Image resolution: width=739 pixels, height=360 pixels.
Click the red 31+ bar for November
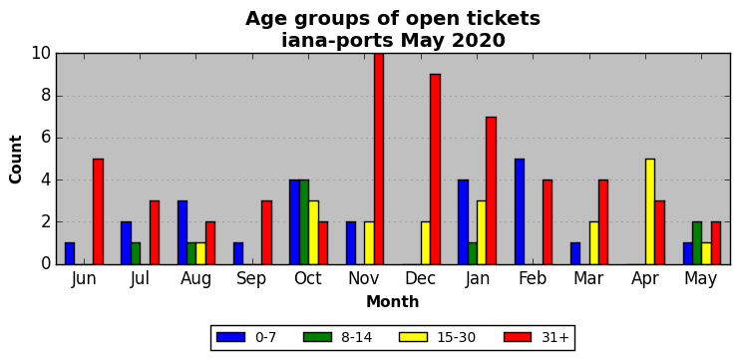click(379, 159)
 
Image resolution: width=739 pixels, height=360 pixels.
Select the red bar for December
click(435, 170)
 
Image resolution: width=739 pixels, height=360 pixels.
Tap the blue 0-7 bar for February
click(520, 211)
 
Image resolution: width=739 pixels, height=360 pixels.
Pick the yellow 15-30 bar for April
click(650, 211)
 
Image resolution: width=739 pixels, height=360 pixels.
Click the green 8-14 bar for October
click(304, 222)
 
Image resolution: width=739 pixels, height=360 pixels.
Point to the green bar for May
click(697, 243)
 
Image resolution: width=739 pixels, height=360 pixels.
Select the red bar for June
click(98, 211)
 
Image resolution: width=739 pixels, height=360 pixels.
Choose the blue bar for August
click(183, 232)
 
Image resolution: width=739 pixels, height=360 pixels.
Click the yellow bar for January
click(482, 232)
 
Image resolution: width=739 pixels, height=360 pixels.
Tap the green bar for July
click(136, 253)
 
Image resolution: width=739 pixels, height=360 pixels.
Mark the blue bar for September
click(238, 253)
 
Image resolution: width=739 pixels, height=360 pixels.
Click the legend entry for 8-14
click(337, 337)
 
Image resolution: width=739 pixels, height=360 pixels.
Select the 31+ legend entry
click(537, 337)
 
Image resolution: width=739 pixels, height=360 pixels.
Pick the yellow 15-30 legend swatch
click(413, 337)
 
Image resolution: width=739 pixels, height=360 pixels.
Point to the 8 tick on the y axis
click(46, 96)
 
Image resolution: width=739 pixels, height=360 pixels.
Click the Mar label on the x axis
click(588, 279)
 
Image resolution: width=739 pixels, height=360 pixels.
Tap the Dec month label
click(421, 279)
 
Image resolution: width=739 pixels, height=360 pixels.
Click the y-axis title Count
click(16, 160)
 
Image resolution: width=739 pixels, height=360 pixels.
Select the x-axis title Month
click(393, 301)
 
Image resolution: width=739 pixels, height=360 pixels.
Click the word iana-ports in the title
click(337, 41)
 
